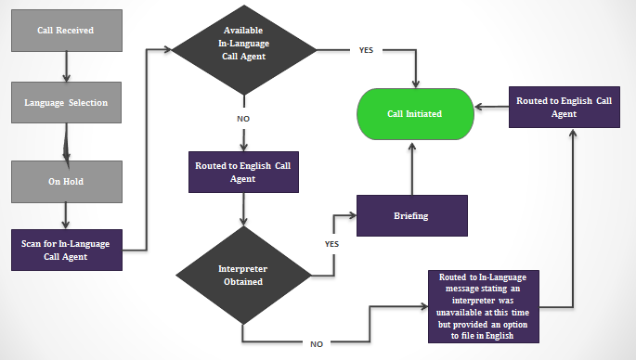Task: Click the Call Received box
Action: pos(65,31)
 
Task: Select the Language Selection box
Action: pos(65,102)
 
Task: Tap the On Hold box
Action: pos(65,181)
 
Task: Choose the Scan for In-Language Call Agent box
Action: pos(65,250)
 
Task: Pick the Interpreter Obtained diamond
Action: pos(242,276)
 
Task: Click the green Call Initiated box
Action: pos(414,114)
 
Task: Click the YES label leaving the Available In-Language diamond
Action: pos(367,49)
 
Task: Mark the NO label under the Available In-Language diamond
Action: pos(242,119)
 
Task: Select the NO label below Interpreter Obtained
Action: pos(318,343)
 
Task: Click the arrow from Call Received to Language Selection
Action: pos(65,65)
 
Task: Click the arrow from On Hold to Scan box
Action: pos(65,215)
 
